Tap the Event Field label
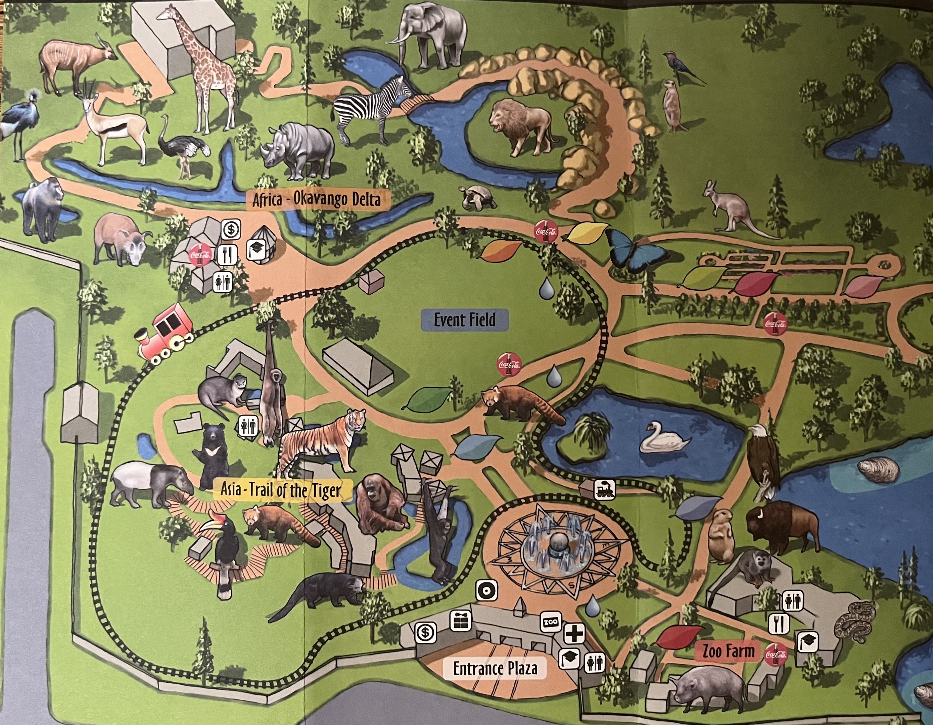(465, 320)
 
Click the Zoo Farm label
(729, 651)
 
